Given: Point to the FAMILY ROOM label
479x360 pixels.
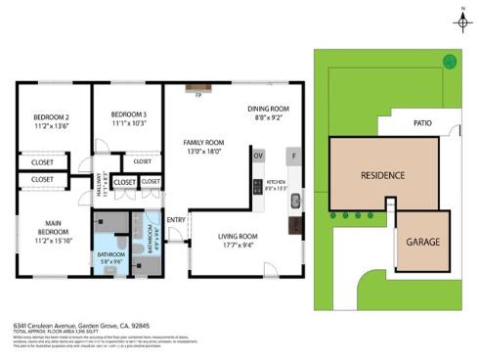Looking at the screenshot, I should click(x=204, y=142).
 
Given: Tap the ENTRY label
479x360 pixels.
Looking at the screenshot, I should click(x=176, y=220).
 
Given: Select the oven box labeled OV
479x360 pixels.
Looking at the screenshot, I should click(x=258, y=156).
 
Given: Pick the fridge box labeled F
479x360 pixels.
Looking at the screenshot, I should click(x=293, y=156).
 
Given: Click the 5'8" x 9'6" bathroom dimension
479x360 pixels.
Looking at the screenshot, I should click(x=110, y=261).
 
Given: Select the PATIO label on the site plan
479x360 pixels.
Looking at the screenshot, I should click(x=422, y=124).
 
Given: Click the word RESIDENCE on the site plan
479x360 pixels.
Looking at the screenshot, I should click(x=383, y=176).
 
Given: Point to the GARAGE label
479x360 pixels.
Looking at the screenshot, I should click(x=423, y=241).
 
